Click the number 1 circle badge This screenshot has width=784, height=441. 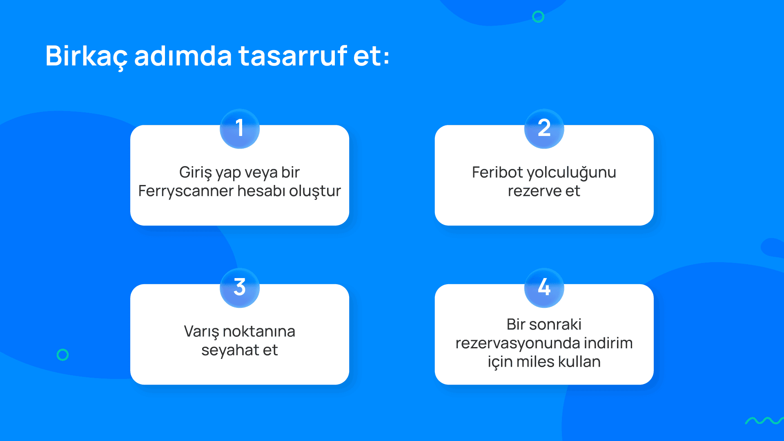click(x=240, y=129)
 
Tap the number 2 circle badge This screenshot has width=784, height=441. click(x=544, y=129)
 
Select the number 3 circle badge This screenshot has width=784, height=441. click(x=240, y=287)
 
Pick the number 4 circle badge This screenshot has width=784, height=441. click(x=544, y=287)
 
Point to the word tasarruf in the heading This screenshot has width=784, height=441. click(x=292, y=56)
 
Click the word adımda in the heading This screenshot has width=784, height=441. click(x=183, y=56)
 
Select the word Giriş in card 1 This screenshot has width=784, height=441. click(x=195, y=173)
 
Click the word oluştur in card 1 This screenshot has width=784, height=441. click(x=315, y=191)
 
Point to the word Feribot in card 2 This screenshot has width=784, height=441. click(x=497, y=172)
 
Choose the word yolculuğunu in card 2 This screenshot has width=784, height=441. click(x=571, y=173)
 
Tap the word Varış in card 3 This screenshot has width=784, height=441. click(x=201, y=332)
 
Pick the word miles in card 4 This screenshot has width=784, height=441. click(x=535, y=362)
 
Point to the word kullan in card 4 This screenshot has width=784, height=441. click(x=579, y=362)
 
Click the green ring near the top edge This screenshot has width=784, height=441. click(x=538, y=17)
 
